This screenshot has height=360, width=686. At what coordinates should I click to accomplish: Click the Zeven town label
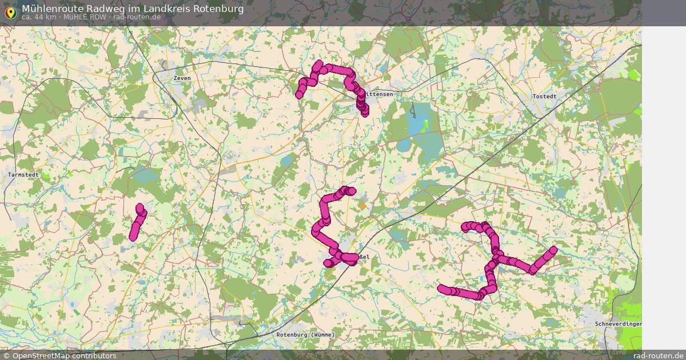coord(183,78)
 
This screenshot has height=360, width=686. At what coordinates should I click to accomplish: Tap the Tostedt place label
coord(544,97)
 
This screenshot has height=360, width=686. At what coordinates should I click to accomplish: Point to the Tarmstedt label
coord(23,174)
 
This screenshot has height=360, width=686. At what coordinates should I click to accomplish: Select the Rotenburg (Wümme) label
coord(305,334)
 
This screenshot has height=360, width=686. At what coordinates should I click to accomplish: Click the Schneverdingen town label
coord(618,324)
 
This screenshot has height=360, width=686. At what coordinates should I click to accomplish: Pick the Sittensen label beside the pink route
coord(380,94)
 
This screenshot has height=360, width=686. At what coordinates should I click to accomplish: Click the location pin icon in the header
coord(10,12)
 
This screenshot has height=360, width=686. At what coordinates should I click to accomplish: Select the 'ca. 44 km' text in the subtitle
coord(38,17)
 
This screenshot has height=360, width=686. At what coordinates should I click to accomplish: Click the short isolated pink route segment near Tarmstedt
coord(138,222)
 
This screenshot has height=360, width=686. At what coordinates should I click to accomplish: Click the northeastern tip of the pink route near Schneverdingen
coord(553,250)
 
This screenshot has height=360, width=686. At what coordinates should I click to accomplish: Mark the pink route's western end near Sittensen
coord(299,94)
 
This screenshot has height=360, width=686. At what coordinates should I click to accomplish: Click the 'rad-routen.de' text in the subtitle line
coord(137,17)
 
